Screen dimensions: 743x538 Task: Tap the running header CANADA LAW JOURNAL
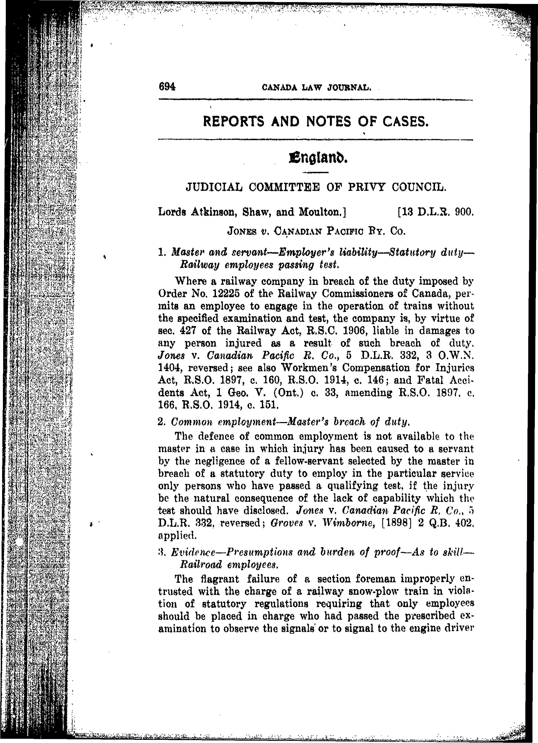[317, 87]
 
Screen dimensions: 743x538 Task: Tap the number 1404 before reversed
[170, 368]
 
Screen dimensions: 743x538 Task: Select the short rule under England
[315, 172]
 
